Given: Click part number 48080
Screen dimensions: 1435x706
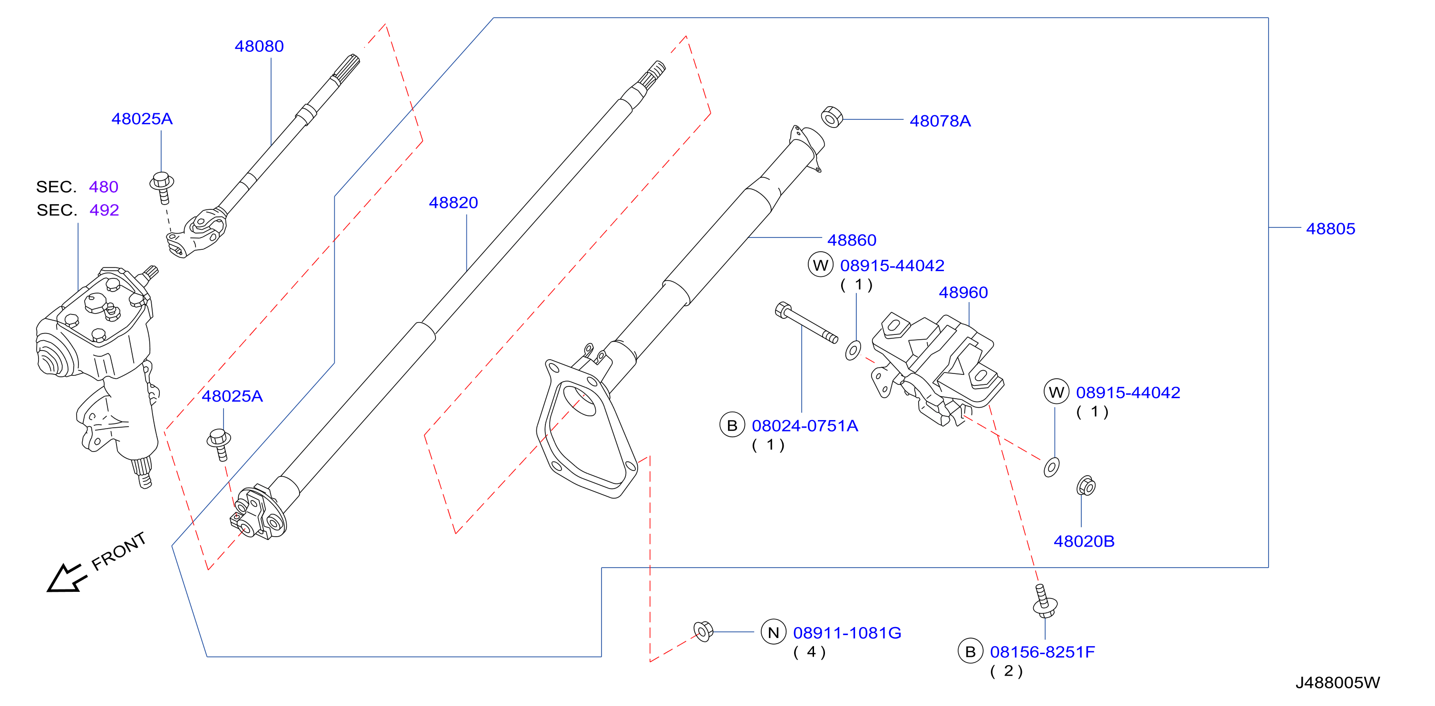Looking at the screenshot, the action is click(259, 46).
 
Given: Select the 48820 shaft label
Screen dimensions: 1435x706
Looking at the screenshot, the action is click(454, 203).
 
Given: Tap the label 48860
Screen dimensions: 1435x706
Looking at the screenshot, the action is click(852, 240).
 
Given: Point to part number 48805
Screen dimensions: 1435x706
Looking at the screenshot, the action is click(1330, 228).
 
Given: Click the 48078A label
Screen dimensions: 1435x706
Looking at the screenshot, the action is click(941, 121).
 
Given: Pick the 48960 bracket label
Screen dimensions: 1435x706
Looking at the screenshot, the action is click(963, 293).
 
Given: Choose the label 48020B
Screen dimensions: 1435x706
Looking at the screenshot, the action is click(1084, 541).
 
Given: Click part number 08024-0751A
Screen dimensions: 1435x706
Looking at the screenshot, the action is click(805, 426).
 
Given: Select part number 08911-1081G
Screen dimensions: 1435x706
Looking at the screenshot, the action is click(847, 633).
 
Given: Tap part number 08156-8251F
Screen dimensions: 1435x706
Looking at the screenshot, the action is click(1042, 652).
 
